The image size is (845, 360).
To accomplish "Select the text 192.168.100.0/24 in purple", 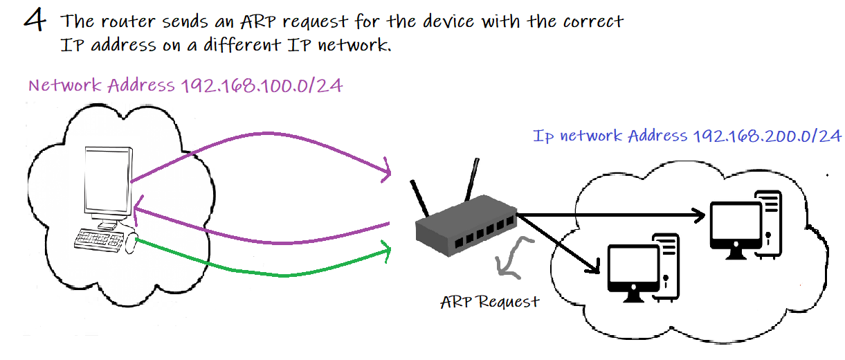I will [261, 87].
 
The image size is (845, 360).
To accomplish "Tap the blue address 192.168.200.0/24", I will [766, 136].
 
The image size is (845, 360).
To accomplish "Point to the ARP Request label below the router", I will [489, 303].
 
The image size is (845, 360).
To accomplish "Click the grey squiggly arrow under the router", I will [512, 258].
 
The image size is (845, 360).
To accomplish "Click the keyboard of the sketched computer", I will [101, 240].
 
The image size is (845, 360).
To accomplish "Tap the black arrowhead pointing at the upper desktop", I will [699, 215].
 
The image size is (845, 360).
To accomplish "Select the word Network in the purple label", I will [66, 87].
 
